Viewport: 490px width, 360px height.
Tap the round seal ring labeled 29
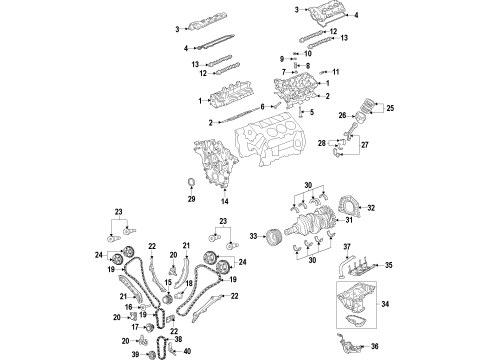pos(190,181)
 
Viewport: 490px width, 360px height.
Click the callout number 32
pos(371,209)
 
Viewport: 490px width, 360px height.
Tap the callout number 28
pos(323,143)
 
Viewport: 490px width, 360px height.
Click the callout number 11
pos(335,72)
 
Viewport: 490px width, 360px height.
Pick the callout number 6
pos(263,105)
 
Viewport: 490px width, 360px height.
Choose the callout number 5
pos(311,113)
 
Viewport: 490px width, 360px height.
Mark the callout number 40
pos(187,351)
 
